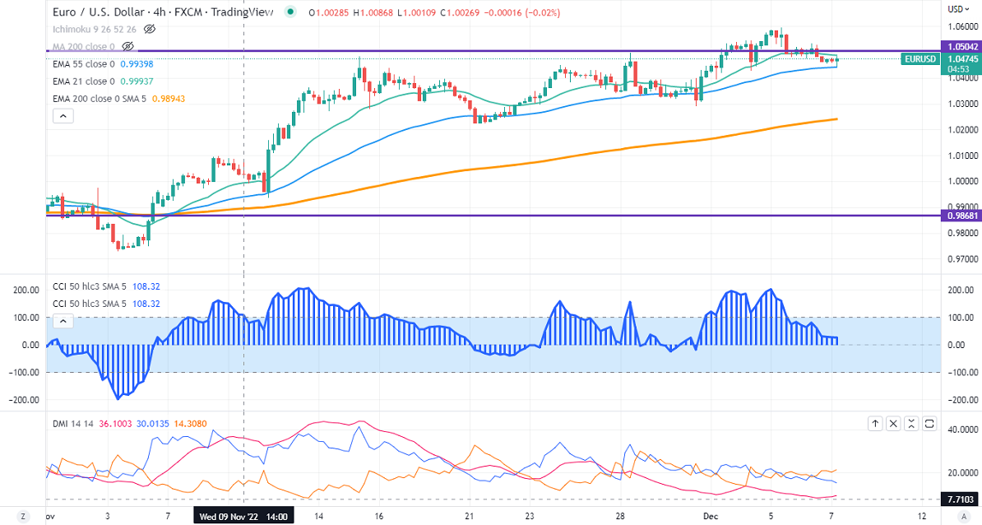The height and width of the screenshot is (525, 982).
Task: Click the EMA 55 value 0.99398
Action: [137, 63]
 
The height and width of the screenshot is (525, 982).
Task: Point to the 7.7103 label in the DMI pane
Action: [961, 499]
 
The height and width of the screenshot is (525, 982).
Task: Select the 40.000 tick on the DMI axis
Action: [962, 430]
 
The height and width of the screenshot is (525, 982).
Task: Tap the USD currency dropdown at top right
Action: [957, 9]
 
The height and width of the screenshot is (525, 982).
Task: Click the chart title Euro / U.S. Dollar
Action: [91, 12]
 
